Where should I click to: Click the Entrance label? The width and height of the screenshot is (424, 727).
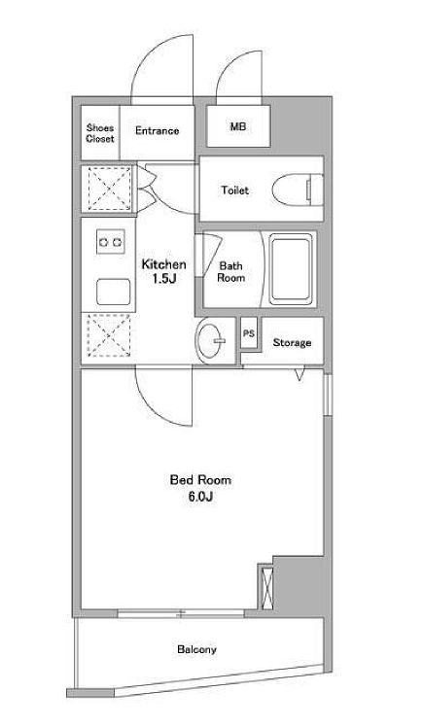[x=157, y=131]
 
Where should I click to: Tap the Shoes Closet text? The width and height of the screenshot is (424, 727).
[x=100, y=133]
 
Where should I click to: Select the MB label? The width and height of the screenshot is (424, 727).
[x=238, y=126]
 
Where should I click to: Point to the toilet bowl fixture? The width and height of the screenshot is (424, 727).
[x=298, y=190]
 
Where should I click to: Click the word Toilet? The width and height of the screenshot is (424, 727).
[x=234, y=190]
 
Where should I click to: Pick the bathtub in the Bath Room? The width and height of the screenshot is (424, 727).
[x=291, y=270]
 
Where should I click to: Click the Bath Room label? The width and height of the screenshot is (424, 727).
[x=231, y=272]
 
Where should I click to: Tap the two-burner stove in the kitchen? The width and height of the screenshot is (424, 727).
[x=111, y=242]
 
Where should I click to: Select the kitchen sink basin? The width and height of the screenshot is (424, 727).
[x=113, y=292]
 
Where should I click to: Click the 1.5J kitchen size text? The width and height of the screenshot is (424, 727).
[x=164, y=279]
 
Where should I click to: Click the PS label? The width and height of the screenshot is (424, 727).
[x=249, y=333]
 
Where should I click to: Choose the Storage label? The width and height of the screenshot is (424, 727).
[x=292, y=343]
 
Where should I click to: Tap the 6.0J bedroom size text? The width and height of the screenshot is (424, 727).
[x=200, y=497]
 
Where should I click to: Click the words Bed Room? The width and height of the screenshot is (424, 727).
[x=200, y=480]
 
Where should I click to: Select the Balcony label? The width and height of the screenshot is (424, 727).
[x=196, y=649]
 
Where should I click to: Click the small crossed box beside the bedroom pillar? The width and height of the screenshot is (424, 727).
[x=265, y=586]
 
